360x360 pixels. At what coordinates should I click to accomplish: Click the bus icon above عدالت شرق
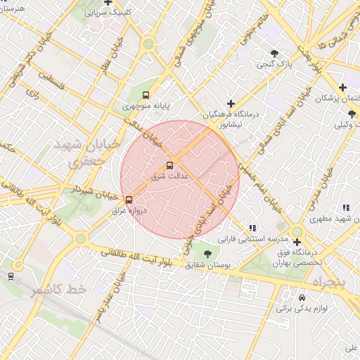169,165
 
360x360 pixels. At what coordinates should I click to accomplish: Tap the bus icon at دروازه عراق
128,200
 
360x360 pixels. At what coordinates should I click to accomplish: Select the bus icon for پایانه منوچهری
146,95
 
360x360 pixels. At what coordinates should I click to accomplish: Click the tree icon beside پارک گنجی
274,53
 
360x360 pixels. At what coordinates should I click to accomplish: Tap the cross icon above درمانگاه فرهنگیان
230,103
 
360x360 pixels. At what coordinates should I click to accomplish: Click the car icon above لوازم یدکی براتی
302,297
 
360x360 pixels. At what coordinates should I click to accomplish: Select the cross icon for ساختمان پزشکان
342,88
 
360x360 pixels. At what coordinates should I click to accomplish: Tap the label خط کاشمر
58,290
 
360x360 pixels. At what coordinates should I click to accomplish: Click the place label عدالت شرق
169,176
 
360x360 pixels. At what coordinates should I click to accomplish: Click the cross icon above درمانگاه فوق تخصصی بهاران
297,243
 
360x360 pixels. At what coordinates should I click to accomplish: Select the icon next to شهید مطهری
346,208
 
